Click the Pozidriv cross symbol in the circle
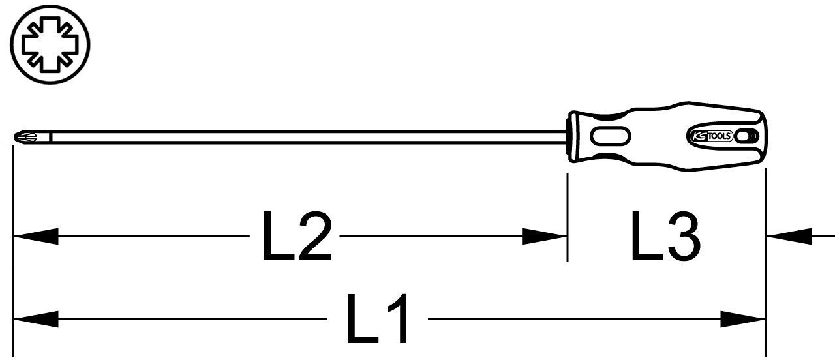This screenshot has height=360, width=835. [x=50, y=45]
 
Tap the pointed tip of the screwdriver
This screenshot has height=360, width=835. [x=15, y=137]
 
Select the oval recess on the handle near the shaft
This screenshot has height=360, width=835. [x=611, y=136]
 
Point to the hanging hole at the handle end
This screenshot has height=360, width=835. [x=744, y=136]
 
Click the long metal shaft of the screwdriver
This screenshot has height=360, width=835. [x=309, y=137]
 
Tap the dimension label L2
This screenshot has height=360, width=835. [x=297, y=236]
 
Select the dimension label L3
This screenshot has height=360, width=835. [x=665, y=236]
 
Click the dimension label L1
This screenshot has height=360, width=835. [x=377, y=319]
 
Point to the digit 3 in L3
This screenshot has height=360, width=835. [x=682, y=236]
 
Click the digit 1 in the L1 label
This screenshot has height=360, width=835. [x=397, y=319]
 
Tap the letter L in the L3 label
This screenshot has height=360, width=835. [x=645, y=236]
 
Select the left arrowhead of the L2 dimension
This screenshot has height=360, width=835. [x=36, y=236]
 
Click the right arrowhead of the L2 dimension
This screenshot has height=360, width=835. [x=544, y=236]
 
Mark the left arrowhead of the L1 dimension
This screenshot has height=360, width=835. [x=36, y=320]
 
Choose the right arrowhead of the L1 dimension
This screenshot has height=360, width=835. [x=743, y=320]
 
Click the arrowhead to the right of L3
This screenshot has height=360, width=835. [x=789, y=236]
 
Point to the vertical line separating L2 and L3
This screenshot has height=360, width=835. [x=568, y=217]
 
